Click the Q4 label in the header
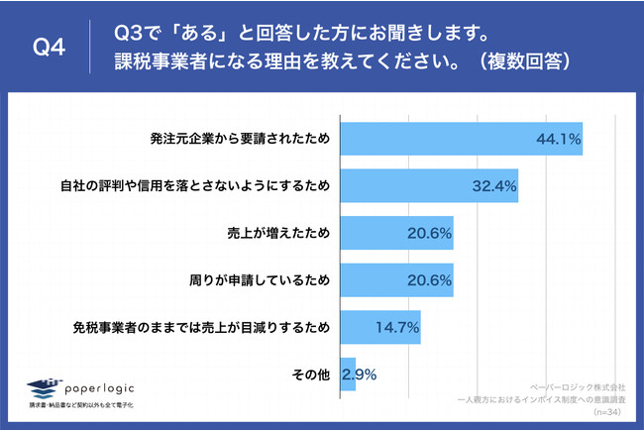tap(49, 47)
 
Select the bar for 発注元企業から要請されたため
tap(460, 139)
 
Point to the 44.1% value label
tap(557, 139)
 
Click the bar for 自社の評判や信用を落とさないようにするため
tap(428, 185)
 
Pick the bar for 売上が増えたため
tap(395, 233)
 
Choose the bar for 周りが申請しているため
tap(395, 280)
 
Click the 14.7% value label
tap(396, 328)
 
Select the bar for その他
tap(347, 375)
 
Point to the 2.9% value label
tap(359, 376)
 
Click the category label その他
tap(309, 376)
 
